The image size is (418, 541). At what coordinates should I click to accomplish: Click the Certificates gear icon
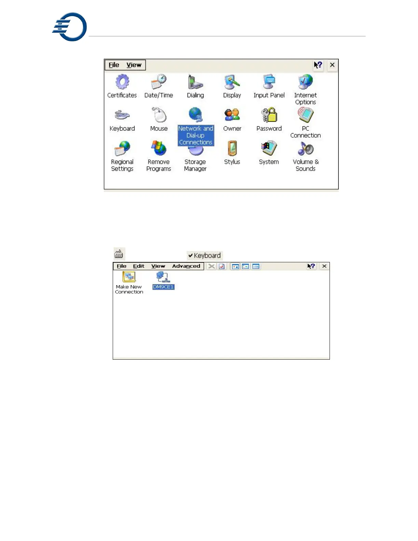click(x=122, y=82)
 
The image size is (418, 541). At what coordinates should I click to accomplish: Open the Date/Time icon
click(x=159, y=82)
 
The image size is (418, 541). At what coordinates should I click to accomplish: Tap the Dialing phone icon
click(x=195, y=82)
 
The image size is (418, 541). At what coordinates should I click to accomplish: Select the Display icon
click(x=232, y=82)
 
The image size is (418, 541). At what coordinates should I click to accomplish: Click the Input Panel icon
click(x=269, y=82)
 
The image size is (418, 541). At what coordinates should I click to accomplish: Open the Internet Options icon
click(x=305, y=82)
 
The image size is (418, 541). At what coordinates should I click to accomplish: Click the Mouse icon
click(x=159, y=115)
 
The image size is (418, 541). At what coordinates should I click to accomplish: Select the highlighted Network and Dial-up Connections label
click(x=196, y=135)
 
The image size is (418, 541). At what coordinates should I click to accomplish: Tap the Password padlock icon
click(x=269, y=115)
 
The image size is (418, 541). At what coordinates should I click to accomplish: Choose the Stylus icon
click(x=232, y=148)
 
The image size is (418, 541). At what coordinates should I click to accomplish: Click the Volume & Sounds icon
click(x=305, y=148)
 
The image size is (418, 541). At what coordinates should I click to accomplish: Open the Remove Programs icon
click(x=159, y=148)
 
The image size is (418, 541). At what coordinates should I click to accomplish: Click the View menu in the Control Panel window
click(x=134, y=65)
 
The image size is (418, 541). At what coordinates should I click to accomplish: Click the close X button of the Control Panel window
click(x=332, y=65)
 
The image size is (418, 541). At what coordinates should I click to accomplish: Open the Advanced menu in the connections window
click(x=186, y=266)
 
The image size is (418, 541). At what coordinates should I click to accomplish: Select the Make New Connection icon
click(x=129, y=277)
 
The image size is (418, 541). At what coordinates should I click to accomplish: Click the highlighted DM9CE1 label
click(x=163, y=287)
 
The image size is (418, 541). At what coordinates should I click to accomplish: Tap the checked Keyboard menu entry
click(x=205, y=255)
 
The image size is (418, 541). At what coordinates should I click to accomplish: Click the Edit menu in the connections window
click(x=139, y=266)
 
